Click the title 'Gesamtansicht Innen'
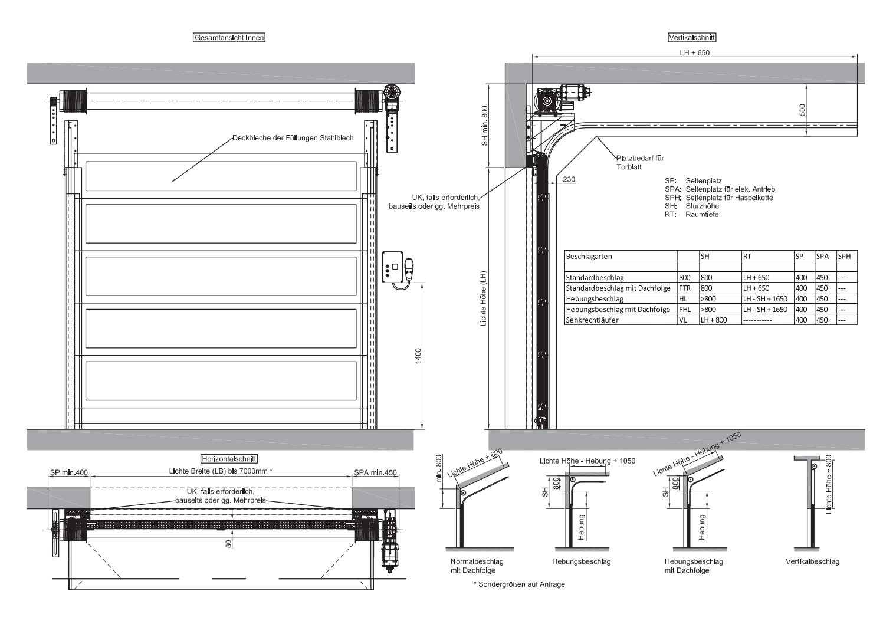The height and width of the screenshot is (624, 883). [229, 37]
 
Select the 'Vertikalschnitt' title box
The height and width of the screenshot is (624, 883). [692, 37]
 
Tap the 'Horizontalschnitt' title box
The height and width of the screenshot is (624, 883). [229, 459]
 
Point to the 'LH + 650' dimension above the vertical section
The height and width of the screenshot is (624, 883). [695, 53]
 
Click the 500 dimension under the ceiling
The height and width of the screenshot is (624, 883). [803, 110]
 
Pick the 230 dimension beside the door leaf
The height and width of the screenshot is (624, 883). [569, 179]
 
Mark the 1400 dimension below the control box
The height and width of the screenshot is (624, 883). [418, 356]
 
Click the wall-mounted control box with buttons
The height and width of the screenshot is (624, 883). [393, 267]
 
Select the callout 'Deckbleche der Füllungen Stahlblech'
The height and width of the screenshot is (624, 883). [293, 138]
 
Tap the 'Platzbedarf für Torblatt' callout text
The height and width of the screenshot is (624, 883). [640, 162]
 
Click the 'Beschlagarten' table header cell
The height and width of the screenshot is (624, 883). [589, 256]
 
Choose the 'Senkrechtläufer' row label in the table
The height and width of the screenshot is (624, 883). [592, 320]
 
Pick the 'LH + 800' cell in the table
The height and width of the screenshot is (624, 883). [714, 320]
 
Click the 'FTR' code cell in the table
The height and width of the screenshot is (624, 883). [685, 288]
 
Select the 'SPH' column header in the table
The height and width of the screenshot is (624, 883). [845, 256]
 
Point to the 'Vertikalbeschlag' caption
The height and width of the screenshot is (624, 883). [812, 561]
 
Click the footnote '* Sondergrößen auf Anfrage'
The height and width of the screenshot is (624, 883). [519, 584]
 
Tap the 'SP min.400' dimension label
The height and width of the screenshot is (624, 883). [69, 472]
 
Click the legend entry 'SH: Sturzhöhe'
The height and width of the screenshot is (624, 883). [692, 206]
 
